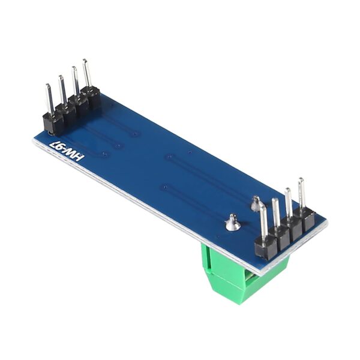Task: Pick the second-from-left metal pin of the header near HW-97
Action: (61, 89)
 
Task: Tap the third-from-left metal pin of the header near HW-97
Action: (74, 80)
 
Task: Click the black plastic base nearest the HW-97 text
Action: (53, 122)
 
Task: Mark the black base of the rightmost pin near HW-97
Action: (94, 98)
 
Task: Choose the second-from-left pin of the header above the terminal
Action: (275, 213)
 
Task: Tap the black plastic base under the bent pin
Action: (264, 248)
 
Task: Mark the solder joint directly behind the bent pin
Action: (256, 205)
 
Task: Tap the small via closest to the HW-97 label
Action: (105, 155)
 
